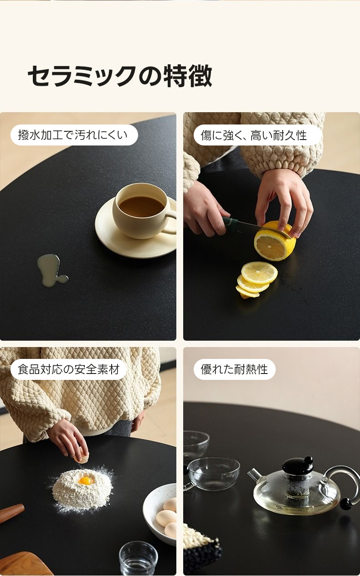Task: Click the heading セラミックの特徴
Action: coord(119,76)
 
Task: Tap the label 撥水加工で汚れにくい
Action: coord(73,135)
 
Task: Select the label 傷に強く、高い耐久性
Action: coord(254,135)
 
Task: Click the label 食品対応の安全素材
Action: coord(69,369)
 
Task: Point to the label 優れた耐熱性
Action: coord(234,369)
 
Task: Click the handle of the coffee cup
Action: coord(170,223)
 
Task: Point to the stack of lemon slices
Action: coord(256,280)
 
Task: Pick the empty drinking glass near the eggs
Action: coord(138,558)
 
